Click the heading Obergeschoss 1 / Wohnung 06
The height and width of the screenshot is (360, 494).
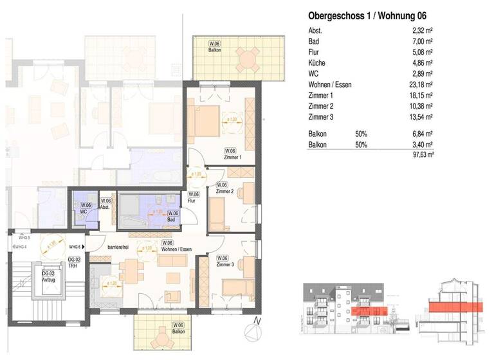[367, 15]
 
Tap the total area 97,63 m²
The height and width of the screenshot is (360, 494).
[422, 155]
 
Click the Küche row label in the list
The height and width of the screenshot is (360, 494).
[317, 63]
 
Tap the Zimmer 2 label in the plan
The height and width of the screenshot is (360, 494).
[224, 191]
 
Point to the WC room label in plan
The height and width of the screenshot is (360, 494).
[84, 212]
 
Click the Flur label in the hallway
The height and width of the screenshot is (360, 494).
[192, 201]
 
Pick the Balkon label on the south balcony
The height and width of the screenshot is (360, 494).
[178, 332]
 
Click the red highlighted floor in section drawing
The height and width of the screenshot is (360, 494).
[453, 307]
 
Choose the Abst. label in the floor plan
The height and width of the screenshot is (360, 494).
[105, 208]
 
